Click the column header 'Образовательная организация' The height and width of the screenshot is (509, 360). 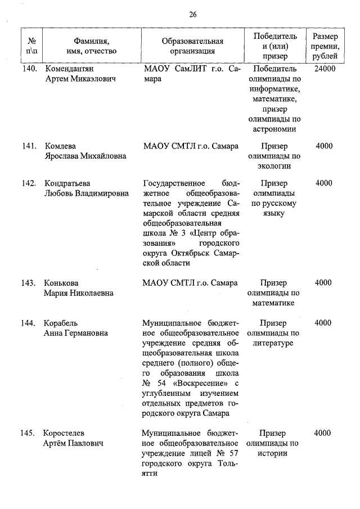192,46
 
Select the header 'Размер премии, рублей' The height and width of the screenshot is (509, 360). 325,46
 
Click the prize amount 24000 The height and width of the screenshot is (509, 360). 325,69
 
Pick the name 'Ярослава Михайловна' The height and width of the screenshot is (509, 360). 85,156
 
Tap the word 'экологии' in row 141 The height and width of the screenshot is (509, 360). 274,166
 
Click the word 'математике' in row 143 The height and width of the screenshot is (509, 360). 274,303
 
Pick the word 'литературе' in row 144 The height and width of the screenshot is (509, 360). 274,343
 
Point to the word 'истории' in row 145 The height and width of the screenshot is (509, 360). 274,453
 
